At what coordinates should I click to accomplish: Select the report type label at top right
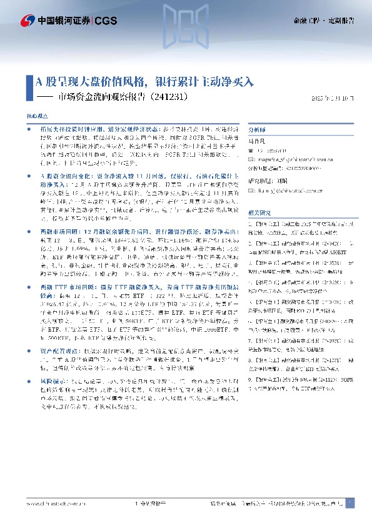coord(323,21)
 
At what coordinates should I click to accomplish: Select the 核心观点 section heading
coord(36,116)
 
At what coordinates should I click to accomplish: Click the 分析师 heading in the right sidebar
coord(258,130)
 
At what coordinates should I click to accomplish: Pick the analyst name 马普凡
coord(256,142)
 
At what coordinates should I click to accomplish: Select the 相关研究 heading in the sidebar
coord(259,213)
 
